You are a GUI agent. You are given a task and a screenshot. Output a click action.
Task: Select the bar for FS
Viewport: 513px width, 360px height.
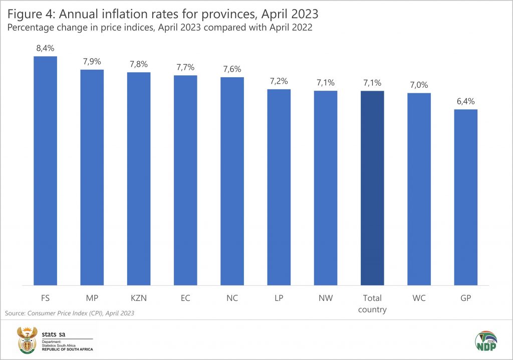point(45,170)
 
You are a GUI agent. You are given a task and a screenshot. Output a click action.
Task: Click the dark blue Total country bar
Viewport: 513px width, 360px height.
point(372,188)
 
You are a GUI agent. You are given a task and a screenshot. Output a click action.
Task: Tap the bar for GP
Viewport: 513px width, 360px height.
point(465,197)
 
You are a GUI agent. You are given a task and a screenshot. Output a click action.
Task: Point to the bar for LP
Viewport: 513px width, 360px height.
point(279,187)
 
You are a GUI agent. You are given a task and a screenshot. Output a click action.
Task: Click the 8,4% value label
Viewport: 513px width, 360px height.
point(45,49)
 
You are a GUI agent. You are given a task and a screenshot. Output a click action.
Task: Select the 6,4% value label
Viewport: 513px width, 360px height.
point(465,102)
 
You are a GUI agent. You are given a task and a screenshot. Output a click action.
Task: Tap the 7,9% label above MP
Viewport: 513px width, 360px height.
point(92,62)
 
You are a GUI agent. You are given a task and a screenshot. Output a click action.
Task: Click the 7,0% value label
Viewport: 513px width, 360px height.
point(419,85)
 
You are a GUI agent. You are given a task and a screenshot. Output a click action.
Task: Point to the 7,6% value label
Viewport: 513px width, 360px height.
point(232,69)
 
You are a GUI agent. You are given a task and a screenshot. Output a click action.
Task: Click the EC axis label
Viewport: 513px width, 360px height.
point(185,298)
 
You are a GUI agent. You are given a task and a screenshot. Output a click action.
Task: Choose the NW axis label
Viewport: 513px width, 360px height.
point(326,298)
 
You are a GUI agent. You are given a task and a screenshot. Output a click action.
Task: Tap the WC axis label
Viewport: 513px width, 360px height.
point(419,298)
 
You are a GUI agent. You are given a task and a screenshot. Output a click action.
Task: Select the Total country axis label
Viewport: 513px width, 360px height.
point(372,303)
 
